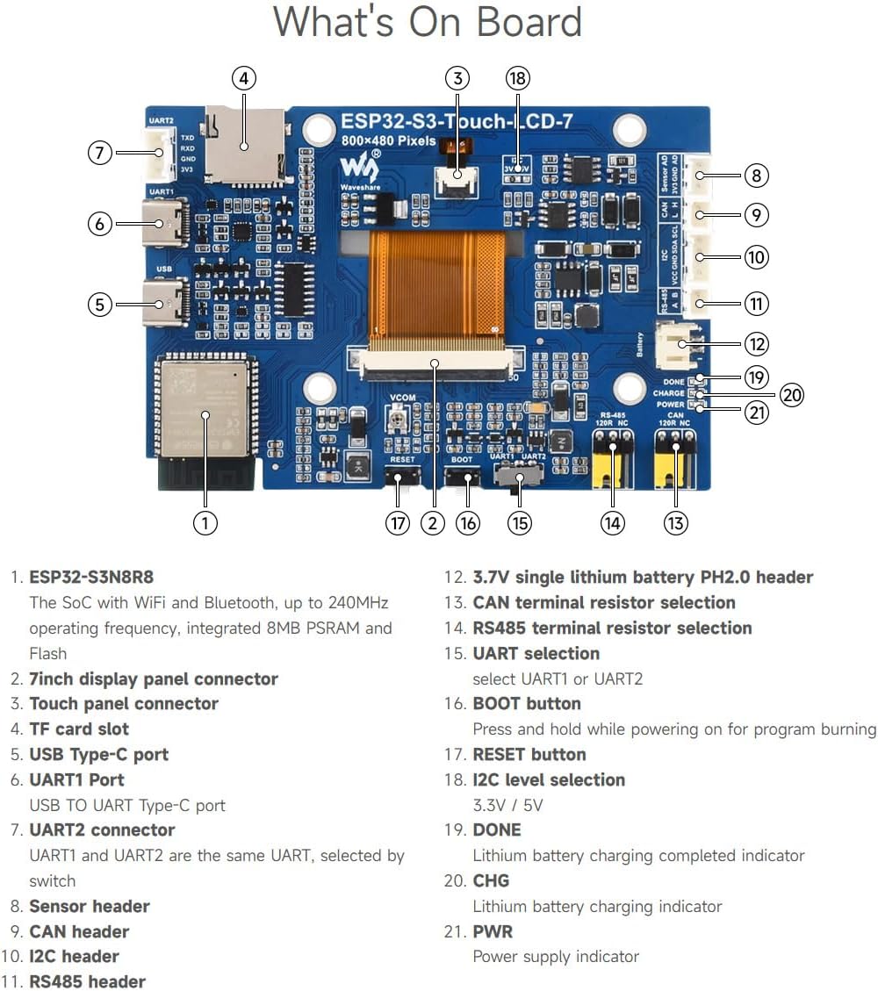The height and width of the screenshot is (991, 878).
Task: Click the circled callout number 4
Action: (x=244, y=78)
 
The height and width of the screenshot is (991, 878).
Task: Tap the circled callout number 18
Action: (x=518, y=78)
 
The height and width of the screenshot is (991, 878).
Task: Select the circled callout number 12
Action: (x=756, y=343)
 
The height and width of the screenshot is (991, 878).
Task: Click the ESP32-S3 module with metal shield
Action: (x=204, y=409)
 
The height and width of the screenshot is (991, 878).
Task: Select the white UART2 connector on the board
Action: (x=157, y=153)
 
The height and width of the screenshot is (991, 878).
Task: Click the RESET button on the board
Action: (x=400, y=479)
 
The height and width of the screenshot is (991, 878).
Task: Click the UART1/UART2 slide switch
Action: (x=519, y=478)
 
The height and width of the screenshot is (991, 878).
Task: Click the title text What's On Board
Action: (x=428, y=22)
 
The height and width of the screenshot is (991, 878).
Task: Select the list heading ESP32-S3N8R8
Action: (x=91, y=577)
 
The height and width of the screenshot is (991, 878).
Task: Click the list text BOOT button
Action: (x=526, y=703)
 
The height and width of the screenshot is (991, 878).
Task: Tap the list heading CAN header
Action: (x=79, y=931)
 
